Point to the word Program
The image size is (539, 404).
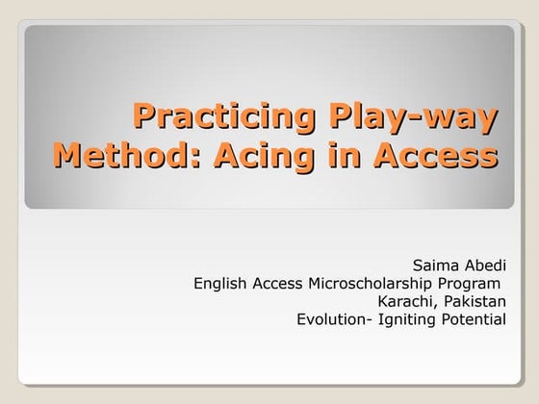(473, 283)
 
